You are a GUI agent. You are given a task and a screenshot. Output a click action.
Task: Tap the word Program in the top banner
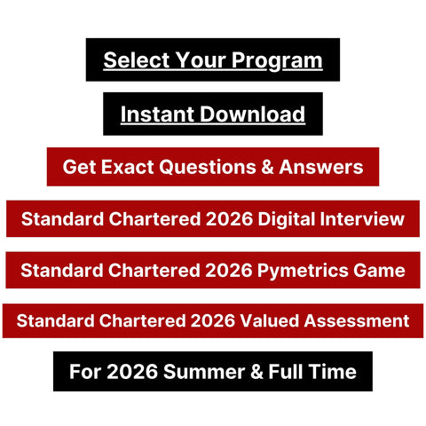(279, 60)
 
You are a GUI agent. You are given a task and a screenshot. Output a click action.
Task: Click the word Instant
(158, 114)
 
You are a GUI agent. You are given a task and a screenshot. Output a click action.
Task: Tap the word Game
(377, 269)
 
